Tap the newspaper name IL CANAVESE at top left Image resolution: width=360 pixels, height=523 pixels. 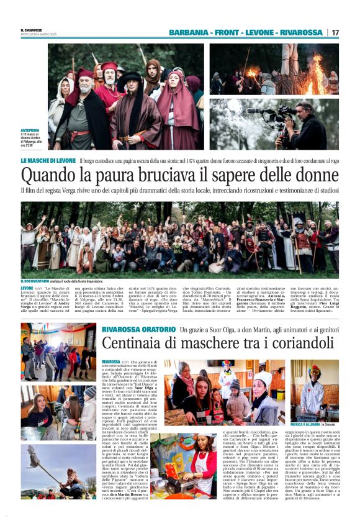32,30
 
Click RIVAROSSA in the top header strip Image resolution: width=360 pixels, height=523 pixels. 302,32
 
